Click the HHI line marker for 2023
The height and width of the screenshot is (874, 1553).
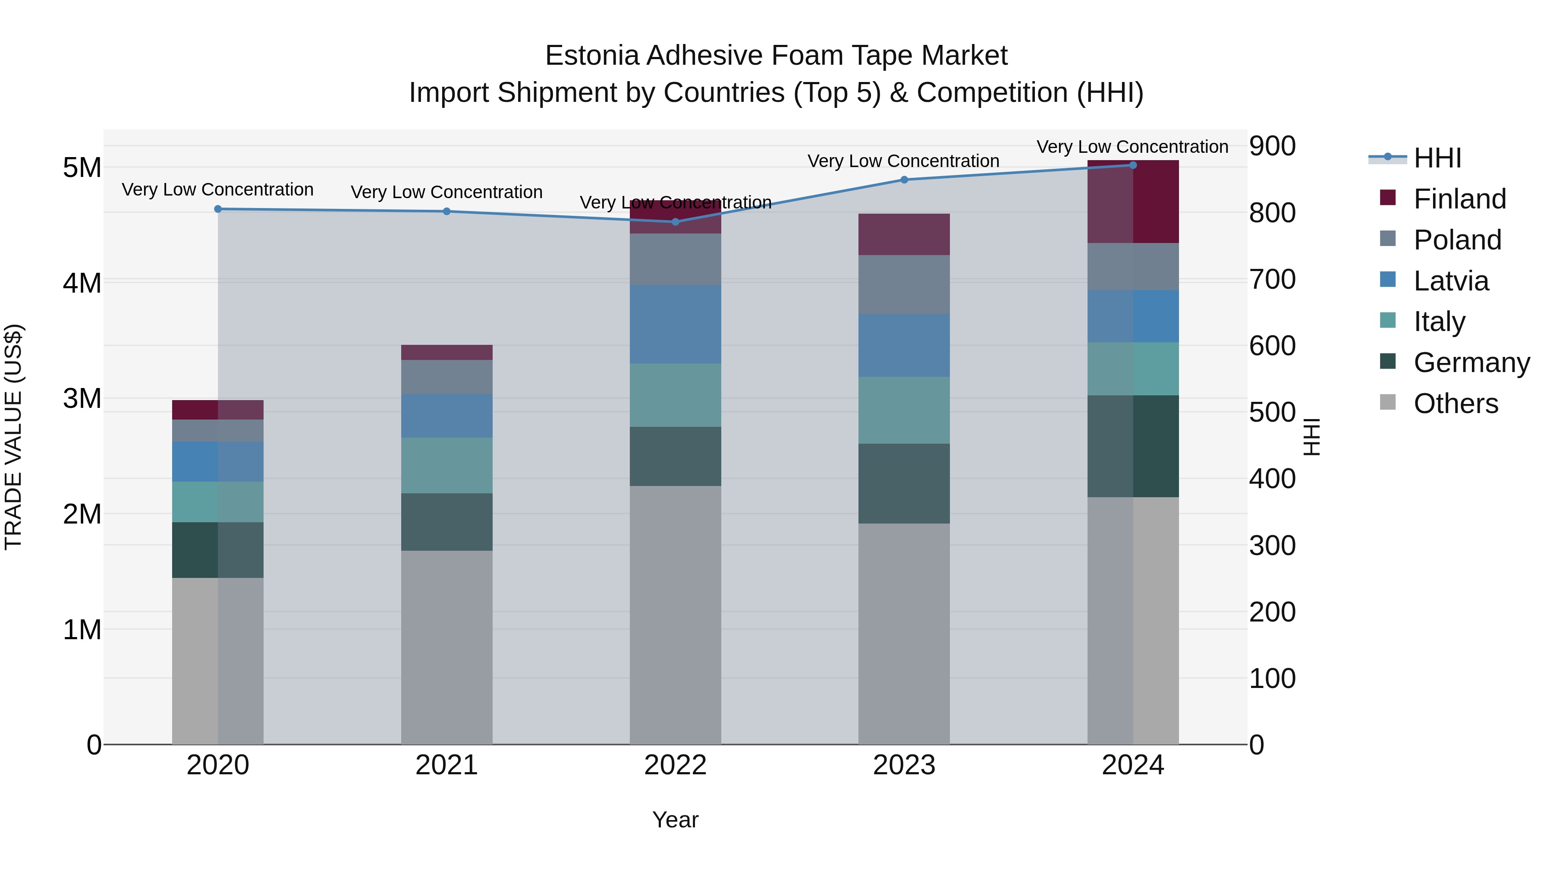[x=904, y=180]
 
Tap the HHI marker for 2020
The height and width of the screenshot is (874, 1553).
[x=218, y=209]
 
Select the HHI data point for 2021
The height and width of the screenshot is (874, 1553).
[x=447, y=211]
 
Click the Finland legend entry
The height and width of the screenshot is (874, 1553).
[x=1459, y=199]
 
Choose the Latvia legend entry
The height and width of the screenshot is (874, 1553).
[x=1450, y=281]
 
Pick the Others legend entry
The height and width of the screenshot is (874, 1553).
[x=1456, y=404]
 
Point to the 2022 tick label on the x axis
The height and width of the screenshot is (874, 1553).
[x=675, y=765]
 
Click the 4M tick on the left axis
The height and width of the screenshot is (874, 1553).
[x=82, y=283]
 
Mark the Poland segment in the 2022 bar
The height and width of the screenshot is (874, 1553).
[x=675, y=259]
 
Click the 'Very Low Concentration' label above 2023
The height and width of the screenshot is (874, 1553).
[x=903, y=161]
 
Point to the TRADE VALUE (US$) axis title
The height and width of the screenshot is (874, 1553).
[x=13, y=437]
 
